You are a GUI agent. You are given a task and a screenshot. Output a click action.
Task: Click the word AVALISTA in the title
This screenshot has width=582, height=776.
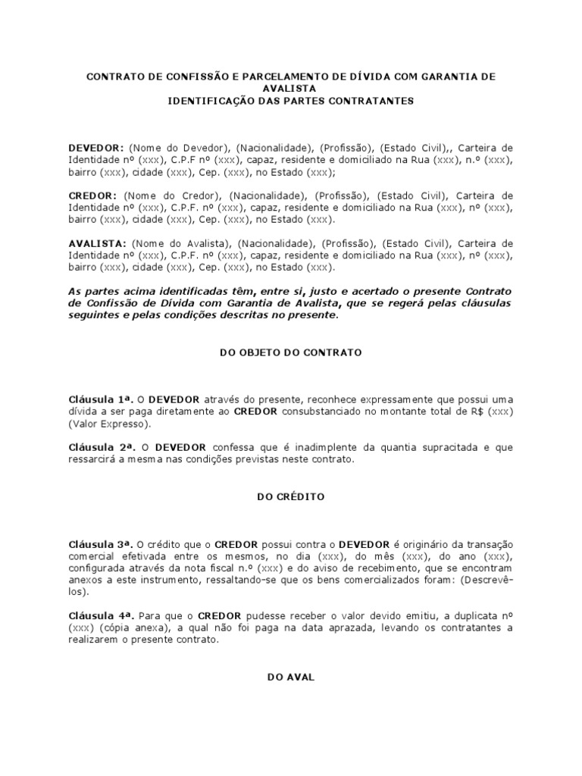point(290,89)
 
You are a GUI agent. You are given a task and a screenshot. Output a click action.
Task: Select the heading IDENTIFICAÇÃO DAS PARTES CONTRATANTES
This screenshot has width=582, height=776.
point(291,100)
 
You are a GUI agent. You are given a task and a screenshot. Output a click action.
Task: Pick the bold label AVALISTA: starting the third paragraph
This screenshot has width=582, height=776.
point(97,243)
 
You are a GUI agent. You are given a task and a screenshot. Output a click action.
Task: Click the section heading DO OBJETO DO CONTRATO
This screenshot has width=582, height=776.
point(290,352)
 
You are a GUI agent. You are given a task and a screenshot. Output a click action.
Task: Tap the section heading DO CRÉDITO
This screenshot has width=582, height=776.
point(290,497)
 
